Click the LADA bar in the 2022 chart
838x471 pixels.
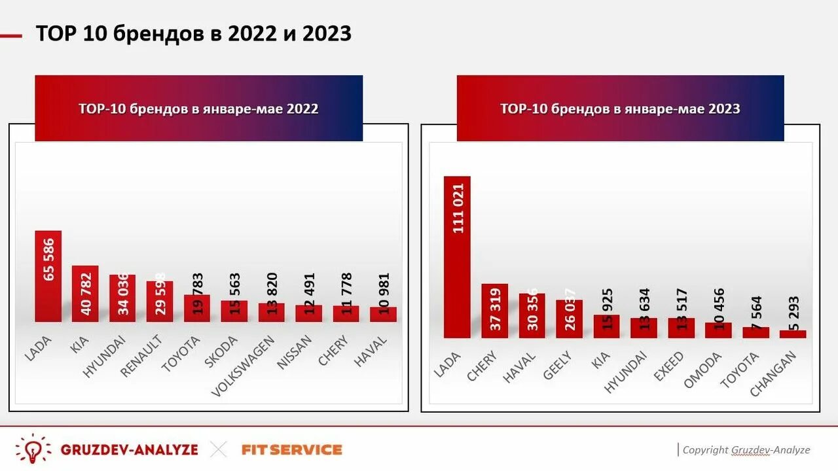pos(48,276)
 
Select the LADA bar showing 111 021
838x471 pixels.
pos(457,257)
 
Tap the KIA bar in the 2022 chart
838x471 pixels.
pos(85,294)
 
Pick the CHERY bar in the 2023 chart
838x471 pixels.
pos(494,311)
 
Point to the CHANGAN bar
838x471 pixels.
pos(793,334)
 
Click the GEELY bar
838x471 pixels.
pos(569,319)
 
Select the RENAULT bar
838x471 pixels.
pos(160,302)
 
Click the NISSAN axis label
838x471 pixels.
pos(295,353)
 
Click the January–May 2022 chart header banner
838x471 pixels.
pos(198,109)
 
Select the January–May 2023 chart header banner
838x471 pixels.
pos(620,109)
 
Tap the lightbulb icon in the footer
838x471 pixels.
pos(33,449)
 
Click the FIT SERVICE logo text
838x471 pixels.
pos(292,450)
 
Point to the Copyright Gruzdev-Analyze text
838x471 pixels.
pos(746,450)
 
